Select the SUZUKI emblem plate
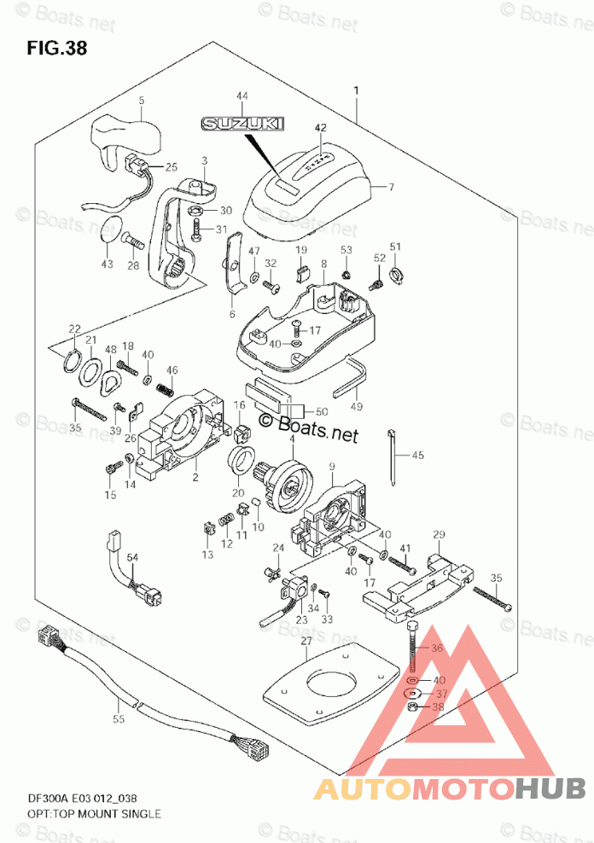click(x=242, y=125)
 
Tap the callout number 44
click(x=242, y=96)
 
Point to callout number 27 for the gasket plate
click(x=306, y=640)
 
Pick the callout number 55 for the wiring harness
click(x=119, y=719)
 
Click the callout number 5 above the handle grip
click(x=142, y=101)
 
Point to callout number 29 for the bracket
click(x=440, y=535)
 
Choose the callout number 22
click(x=75, y=330)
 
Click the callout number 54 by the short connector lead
click(x=132, y=558)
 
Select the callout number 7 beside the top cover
click(x=392, y=188)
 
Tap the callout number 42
click(x=320, y=129)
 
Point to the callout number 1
click(x=357, y=90)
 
